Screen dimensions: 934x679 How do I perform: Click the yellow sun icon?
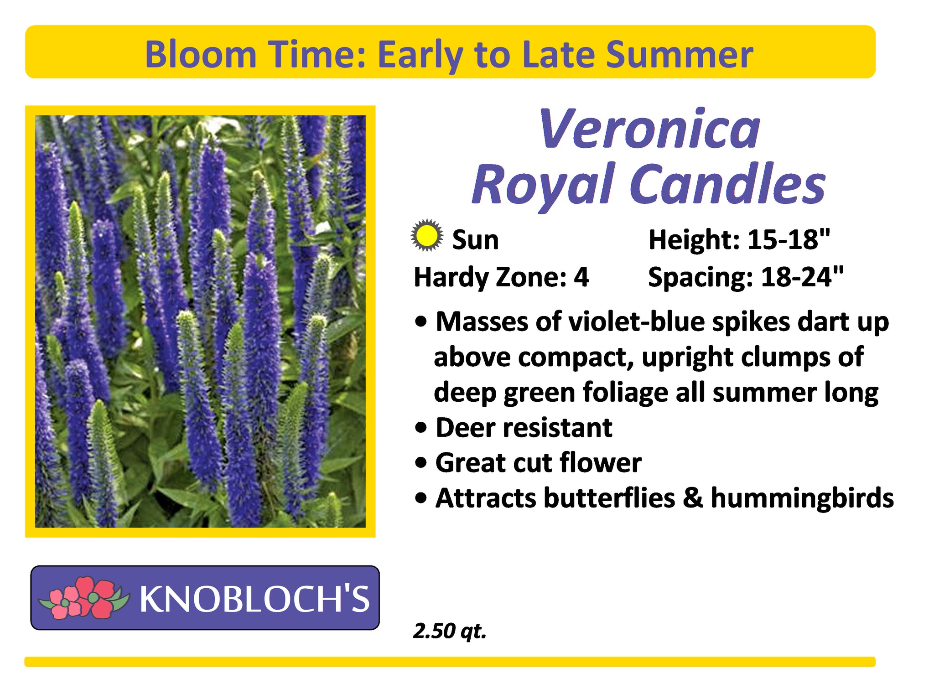426,236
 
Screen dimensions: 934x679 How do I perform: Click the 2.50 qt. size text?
450,631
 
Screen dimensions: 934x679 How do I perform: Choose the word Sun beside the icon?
475,240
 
